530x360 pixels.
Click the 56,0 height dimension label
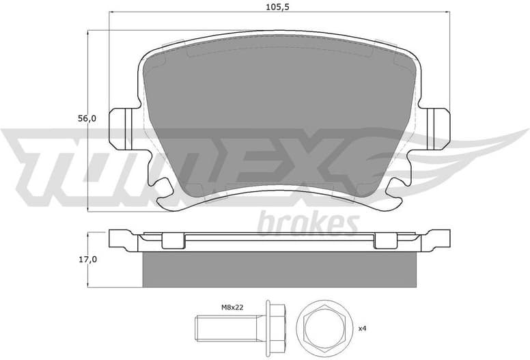[x=87, y=118]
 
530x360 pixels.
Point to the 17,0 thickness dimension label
[x=87, y=259]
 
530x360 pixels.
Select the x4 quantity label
[x=363, y=329]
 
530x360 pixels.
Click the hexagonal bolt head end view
[x=324, y=324]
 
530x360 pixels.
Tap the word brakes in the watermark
[x=308, y=222]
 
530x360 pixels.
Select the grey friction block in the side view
[x=279, y=269]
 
